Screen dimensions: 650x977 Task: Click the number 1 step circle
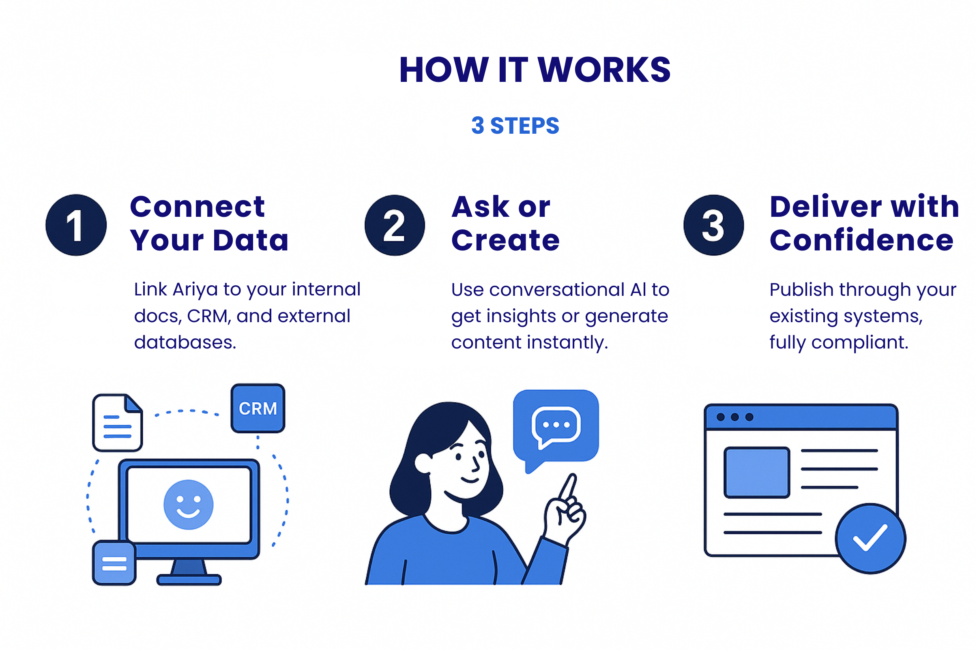[x=76, y=225]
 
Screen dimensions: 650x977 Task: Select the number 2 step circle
[x=395, y=225]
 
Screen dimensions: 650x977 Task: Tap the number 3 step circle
[x=713, y=225]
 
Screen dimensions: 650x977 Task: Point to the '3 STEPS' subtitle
[x=515, y=126]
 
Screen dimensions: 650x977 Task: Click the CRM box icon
[x=258, y=408]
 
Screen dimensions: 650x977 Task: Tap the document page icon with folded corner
[x=117, y=422]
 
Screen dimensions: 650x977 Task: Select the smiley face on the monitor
[x=188, y=504]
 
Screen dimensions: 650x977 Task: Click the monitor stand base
[x=189, y=579]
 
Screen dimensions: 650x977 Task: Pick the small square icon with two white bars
[x=114, y=563]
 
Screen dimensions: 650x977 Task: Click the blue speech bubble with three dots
[x=556, y=426]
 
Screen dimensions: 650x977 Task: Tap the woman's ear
[x=423, y=463]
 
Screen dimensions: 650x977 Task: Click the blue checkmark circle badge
[x=870, y=538]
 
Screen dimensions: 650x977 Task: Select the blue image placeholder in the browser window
[x=756, y=472]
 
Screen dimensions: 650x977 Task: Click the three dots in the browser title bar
[x=734, y=417]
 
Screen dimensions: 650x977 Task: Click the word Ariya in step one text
[x=195, y=289]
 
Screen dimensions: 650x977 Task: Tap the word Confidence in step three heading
[x=861, y=240]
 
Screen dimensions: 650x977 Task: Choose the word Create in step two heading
[x=505, y=240]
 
